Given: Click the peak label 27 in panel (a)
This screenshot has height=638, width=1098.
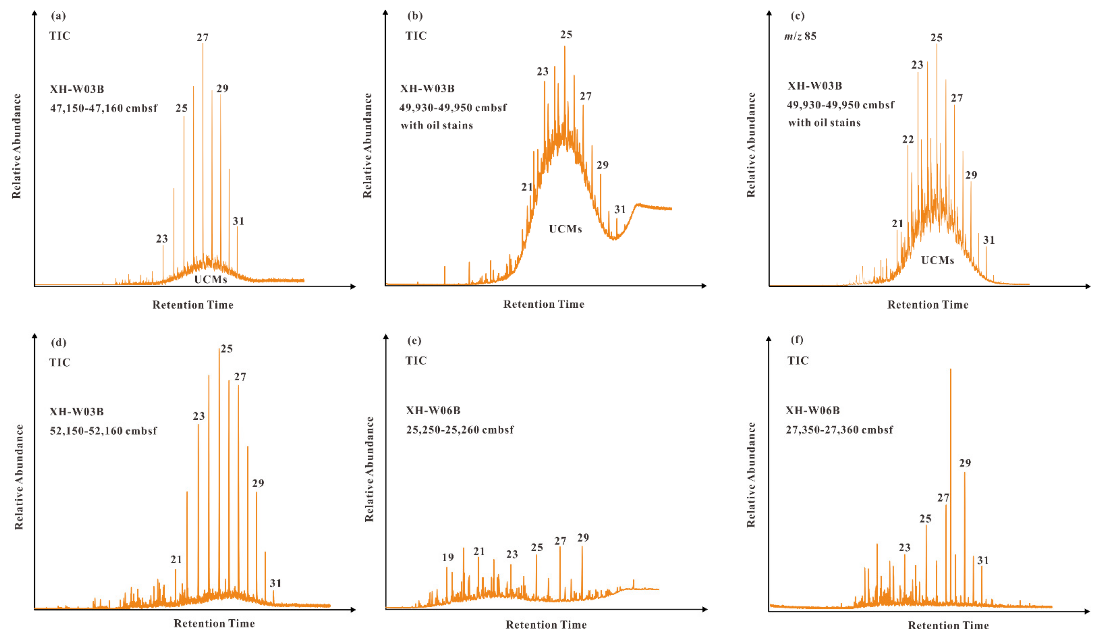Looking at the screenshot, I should pos(203,37).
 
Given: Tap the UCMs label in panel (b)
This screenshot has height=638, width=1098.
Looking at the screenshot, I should pos(565,229).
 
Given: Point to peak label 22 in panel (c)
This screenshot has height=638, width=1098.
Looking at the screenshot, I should pos(908,139).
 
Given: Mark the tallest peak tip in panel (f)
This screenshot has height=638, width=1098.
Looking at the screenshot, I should pos(950,369).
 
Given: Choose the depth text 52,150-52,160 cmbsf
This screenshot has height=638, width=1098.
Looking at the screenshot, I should pos(103,431).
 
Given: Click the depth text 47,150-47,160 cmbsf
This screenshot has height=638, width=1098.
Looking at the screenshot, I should pos(104,108).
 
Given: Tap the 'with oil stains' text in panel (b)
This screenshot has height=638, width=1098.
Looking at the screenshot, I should pos(437,126).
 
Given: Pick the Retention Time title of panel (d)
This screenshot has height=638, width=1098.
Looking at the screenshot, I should pos(214,623).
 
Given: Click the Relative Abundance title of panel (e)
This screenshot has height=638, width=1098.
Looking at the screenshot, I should pos(369,469).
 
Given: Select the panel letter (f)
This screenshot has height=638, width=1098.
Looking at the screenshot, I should pos(797,339).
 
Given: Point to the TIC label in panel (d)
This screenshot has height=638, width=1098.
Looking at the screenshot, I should pos(60,362).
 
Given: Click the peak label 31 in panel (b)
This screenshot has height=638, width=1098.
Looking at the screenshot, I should pos(619,209).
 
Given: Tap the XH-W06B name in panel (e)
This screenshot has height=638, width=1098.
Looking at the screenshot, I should pos(433,410).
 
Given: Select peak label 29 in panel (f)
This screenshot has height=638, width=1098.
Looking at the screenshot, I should pos(965,463).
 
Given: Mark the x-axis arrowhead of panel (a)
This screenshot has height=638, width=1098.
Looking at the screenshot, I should pos(353,286).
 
